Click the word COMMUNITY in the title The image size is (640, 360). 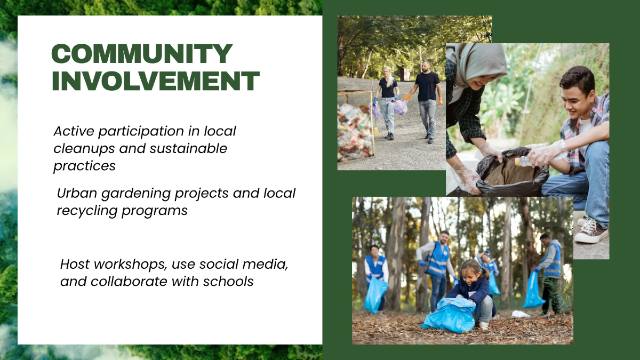pyautogui.click(x=142, y=53)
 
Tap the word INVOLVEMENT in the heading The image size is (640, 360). pyautogui.click(x=156, y=81)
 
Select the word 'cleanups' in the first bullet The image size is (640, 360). pyautogui.click(x=84, y=149)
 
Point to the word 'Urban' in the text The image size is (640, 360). pyautogui.click(x=77, y=193)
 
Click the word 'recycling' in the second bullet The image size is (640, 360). pyautogui.click(x=87, y=211)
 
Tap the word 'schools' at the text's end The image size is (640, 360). pyautogui.click(x=228, y=282)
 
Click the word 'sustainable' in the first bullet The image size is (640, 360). pyautogui.click(x=188, y=148)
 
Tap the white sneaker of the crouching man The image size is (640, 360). pyautogui.click(x=591, y=230)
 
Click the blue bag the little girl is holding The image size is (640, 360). pyautogui.click(x=449, y=315)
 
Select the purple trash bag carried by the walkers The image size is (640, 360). pyautogui.click(x=401, y=107)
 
